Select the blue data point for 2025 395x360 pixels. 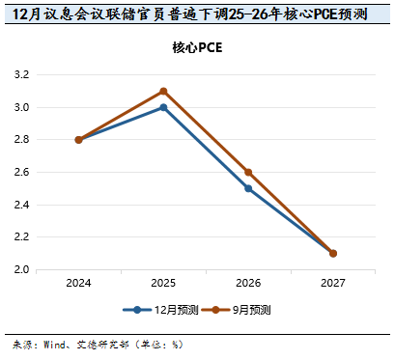click(x=163, y=107)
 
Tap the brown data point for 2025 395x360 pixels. click(x=163, y=92)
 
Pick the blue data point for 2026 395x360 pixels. click(x=248, y=188)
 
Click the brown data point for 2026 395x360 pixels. click(x=248, y=172)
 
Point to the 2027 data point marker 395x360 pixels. click(x=333, y=253)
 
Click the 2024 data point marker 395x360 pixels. click(x=78, y=140)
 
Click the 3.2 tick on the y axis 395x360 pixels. click(x=20, y=74)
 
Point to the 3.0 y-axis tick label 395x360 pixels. click(x=20, y=107)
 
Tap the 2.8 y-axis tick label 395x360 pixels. click(x=20, y=140)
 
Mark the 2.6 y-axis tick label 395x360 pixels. click(x=20, y=172)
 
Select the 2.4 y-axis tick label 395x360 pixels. click(x=20, y=205)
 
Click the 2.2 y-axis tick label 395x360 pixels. click(x=20, y=237)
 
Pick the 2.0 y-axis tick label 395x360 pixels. click(x=20, y=269)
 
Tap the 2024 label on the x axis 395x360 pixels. click(x=78, y=284)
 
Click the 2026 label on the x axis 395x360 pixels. click(x=248, y=284)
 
